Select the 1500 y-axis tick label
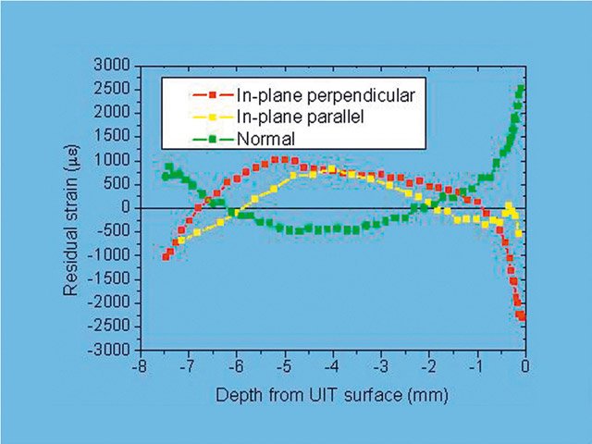click(116, 136)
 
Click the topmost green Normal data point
click(522, 89)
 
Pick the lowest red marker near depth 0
click(522, 316)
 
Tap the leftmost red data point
click(166, 256)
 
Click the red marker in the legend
click(211, 94)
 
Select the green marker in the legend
click(211, 140)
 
